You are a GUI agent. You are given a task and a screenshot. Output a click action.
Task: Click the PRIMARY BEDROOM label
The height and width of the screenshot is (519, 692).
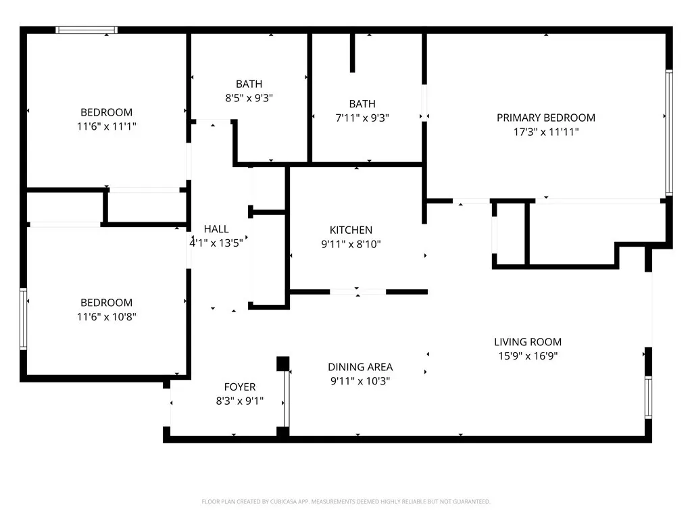point(545,118)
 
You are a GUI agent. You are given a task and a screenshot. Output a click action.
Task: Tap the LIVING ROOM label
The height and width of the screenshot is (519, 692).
point(527,342)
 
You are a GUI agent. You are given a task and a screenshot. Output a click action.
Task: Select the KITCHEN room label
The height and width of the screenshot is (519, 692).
point(351,230)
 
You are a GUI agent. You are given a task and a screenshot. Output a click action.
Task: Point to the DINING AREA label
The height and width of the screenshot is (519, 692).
point(360,367)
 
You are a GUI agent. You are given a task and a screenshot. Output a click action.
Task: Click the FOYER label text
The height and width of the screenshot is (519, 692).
point(240,387)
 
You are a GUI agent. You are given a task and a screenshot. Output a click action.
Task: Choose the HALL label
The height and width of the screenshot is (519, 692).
point(216,229)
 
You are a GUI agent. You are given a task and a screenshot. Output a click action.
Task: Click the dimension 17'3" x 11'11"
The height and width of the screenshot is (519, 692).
point(545,132)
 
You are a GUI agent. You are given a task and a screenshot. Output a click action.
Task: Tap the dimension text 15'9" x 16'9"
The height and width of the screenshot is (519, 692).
point(527,356)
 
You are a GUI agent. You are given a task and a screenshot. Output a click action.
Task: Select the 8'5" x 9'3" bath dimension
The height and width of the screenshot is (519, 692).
point(249,98)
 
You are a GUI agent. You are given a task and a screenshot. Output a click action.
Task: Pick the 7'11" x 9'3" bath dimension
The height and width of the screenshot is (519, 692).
point(362,118)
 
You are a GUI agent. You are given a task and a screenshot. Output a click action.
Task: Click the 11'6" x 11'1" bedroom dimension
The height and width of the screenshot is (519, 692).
point(106,126)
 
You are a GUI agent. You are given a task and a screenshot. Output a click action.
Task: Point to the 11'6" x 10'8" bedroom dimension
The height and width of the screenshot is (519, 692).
point(106,316)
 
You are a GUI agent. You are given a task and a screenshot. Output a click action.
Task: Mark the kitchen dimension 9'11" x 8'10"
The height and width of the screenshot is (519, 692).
point(351,244)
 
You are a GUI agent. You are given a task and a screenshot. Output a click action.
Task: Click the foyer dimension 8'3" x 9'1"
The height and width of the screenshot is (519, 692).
point(240,401)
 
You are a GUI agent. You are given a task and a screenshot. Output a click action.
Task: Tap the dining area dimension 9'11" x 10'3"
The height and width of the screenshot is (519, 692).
point(360,381)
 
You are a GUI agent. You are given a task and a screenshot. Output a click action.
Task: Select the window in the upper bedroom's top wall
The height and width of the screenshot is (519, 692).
point(86,30)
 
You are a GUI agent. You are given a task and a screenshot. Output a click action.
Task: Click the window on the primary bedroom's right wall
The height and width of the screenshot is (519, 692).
point(668,132)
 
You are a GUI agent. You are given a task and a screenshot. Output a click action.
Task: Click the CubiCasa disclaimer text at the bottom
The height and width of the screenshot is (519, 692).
point(345,501)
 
